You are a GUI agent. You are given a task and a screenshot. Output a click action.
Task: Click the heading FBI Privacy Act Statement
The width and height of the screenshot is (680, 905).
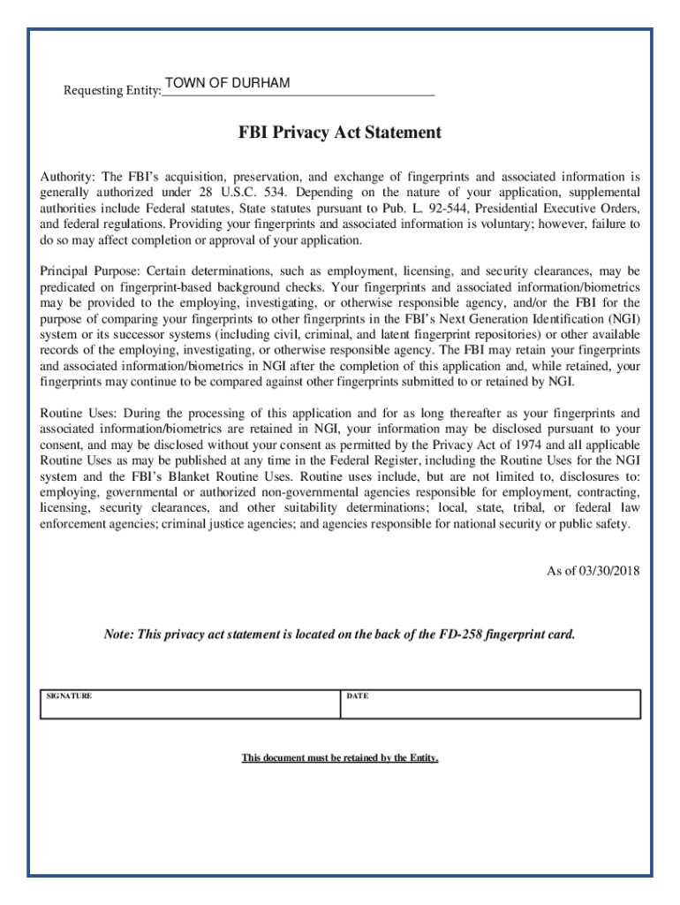click(x=340, y=133)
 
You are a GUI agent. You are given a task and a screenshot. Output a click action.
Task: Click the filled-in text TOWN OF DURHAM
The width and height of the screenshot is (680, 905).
click(x=227, y=83)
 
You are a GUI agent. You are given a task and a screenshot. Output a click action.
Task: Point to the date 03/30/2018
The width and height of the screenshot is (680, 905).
click(x=608, y=571)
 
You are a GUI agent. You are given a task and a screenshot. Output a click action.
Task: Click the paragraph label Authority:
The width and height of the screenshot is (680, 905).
click(x=69, y=177)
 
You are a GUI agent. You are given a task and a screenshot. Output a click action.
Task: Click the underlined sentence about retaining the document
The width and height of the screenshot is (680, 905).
click(x=340, y=758)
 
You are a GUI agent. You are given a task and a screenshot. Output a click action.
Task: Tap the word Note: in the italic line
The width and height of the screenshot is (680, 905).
click(x=119, y=635)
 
